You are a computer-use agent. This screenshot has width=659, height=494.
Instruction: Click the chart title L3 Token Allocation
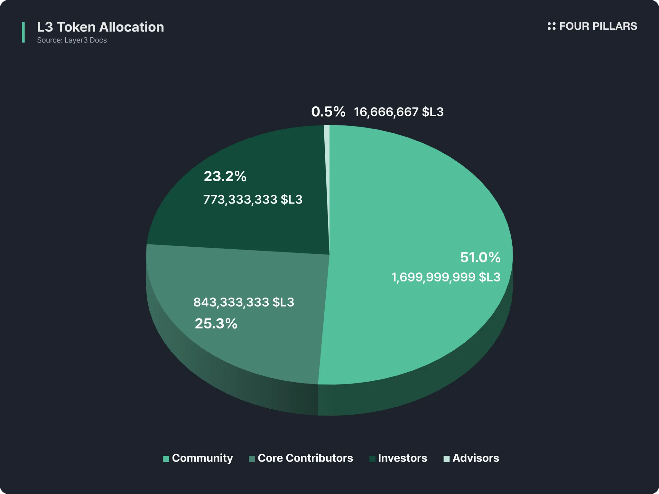(x=100, y=27)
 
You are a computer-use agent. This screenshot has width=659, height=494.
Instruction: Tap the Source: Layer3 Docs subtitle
(x=72, y=40)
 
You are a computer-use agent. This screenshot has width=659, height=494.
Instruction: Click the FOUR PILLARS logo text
(x=598, y=26)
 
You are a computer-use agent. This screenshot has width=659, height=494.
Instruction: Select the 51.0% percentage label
(x=480, y=258)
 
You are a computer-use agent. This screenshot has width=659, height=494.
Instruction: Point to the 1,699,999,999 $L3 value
(x=446, y=277)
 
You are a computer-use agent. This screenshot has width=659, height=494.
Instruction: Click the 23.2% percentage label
(x=225, y=176)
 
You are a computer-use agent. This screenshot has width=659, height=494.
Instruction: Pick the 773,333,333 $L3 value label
(x=253, y=200)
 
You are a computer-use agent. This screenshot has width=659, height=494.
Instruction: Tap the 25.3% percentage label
(x=216, y=324)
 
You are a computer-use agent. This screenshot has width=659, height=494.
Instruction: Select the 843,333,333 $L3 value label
(x=244, y=302)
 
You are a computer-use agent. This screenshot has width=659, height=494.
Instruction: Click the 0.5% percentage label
(x=328, y=112)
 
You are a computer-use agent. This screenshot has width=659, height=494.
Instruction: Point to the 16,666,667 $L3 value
(x=399, y=112)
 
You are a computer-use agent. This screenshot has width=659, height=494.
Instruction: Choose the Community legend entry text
(x=202, y=458)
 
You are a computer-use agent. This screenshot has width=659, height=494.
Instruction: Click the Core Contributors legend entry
(x=305, y=458)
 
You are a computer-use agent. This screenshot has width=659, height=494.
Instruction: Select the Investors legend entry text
(x=402, y=458)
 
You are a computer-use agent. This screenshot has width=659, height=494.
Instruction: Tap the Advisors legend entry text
(x=476, y=458)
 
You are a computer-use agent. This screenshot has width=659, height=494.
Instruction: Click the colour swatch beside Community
(x=166, y=459)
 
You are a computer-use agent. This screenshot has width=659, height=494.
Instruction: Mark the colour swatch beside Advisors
(x=446, y=459)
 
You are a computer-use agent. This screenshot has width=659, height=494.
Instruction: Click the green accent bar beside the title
(x=23, y=32)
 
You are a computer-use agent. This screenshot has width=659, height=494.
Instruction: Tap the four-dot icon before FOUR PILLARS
(x=552, y=26)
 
